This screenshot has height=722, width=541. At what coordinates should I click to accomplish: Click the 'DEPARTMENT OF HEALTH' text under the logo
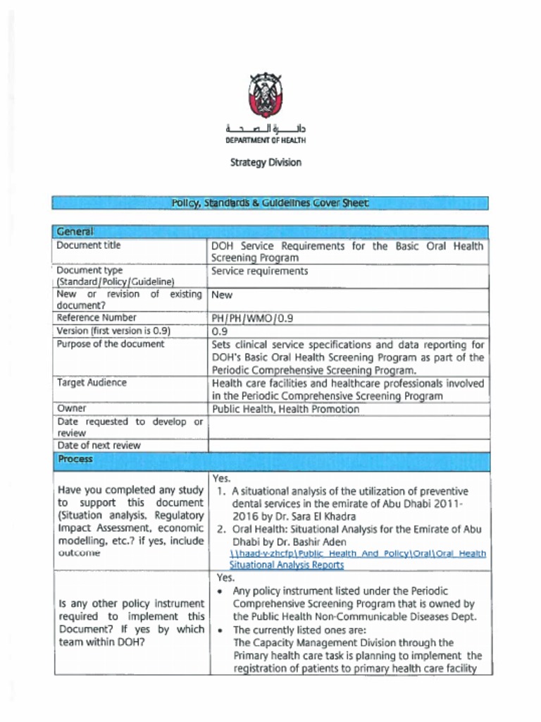pos(266,140)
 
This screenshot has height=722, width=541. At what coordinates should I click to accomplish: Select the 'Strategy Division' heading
pos(266,163)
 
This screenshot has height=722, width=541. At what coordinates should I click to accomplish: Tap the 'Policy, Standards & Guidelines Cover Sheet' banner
pos(270,203)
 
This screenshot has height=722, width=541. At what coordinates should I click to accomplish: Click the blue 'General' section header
pos(75,232)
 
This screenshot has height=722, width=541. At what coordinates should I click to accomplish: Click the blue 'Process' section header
pos(75,459)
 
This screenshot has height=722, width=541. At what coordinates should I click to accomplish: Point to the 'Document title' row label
pos(88,245)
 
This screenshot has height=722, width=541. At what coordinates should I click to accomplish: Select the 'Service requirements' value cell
pos(259,271)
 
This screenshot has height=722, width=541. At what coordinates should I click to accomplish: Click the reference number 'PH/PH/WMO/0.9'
pos(252,318)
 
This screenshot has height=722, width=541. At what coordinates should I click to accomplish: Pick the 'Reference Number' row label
pos(97,318)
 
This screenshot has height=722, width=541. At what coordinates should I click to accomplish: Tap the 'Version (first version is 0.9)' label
pos(113,331)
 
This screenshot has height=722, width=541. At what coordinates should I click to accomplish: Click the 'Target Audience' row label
pos(92,382)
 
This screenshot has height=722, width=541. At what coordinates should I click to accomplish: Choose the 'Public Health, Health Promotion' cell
pos(285,409)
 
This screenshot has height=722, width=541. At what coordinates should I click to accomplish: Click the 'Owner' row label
pos(71,408)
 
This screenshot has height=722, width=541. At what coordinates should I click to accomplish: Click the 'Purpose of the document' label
pos(110,344)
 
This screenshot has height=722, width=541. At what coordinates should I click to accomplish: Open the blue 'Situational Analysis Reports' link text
pos(287,565)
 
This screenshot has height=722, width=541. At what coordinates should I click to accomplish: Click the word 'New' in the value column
pos(222,295)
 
